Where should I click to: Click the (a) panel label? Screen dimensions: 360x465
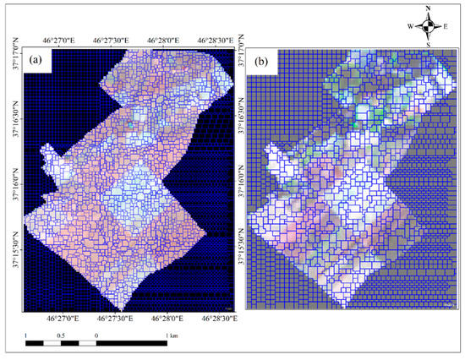coord(39,61)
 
